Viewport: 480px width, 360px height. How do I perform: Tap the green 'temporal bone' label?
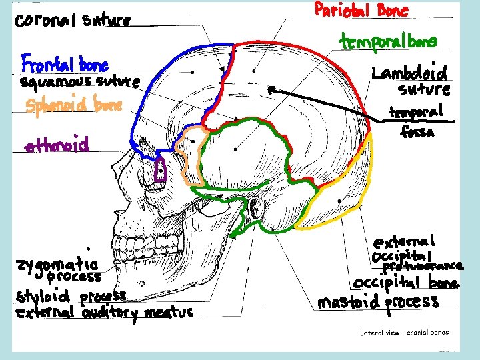click(389, 42)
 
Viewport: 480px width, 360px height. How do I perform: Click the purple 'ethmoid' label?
click(57, 145)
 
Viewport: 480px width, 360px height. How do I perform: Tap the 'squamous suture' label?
click(79, 84)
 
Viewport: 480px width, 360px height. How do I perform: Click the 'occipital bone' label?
click(406, 283)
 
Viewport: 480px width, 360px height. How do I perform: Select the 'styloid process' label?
click(71, 295)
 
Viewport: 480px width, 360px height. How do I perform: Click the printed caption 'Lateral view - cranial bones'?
click(404, 332)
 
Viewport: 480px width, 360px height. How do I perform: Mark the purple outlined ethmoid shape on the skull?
click(160, 171)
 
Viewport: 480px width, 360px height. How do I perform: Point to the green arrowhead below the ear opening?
click(233, 235)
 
